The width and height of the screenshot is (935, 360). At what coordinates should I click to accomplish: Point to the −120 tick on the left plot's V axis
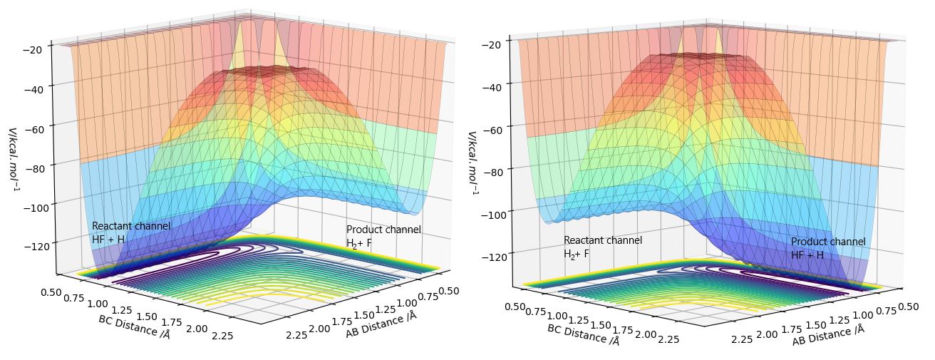[31, 245]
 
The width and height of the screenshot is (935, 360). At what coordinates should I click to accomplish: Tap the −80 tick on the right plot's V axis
[494, 171]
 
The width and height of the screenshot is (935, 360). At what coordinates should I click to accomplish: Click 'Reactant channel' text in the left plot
[131, 226]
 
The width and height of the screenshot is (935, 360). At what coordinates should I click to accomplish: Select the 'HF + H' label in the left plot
[108, 240]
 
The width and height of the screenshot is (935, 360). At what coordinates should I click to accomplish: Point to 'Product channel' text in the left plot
[383, 230]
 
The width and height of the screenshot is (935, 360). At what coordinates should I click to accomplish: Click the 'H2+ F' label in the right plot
[577, 254]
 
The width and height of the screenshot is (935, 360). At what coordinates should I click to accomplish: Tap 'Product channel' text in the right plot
[828, 242]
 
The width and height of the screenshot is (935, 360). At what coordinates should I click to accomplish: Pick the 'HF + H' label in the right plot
[807, 255]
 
